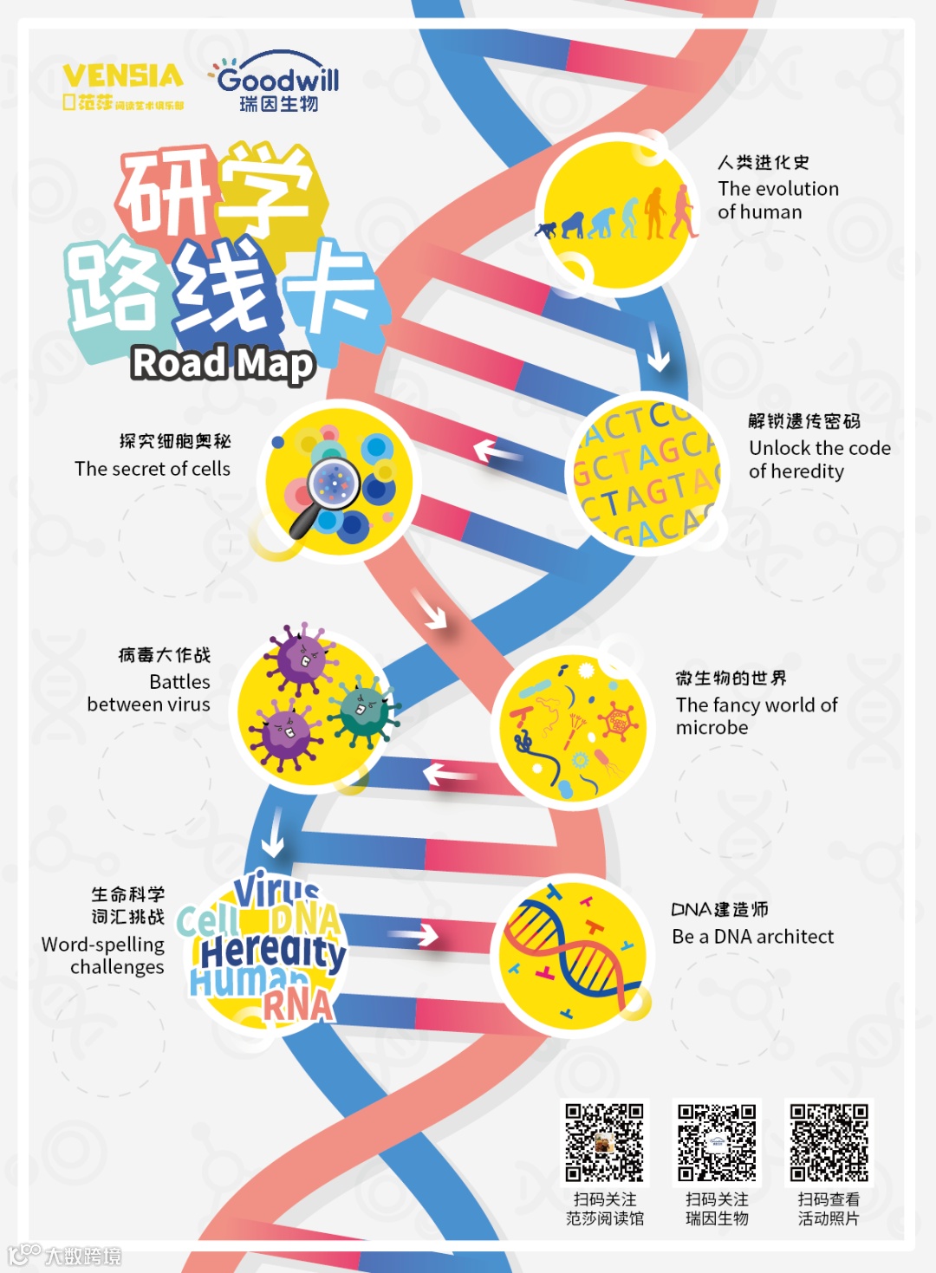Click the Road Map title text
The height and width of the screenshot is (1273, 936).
[x=223, y=363]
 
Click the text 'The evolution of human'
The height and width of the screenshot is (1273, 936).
[x=777, y=200]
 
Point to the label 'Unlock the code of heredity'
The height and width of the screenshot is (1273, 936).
[x=819, y=459]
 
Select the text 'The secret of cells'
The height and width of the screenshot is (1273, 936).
[x=153, y=469]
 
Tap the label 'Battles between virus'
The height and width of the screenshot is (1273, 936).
[x=150, y=693]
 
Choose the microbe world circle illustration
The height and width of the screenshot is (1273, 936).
[x=573, y=728]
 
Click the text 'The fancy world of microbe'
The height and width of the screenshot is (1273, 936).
[x=756, y=716]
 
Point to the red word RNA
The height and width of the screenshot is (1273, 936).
[x=297, y=1006]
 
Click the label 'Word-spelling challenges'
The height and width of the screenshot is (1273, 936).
[x=104, y=955]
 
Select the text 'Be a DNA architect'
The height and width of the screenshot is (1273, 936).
[x=752, y=937]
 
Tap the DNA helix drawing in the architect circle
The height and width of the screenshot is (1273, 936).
[x=572, y=952]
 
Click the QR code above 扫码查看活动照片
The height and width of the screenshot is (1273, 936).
[x=829, y=1142]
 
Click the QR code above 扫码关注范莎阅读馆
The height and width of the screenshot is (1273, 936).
[x=604, y=1142]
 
